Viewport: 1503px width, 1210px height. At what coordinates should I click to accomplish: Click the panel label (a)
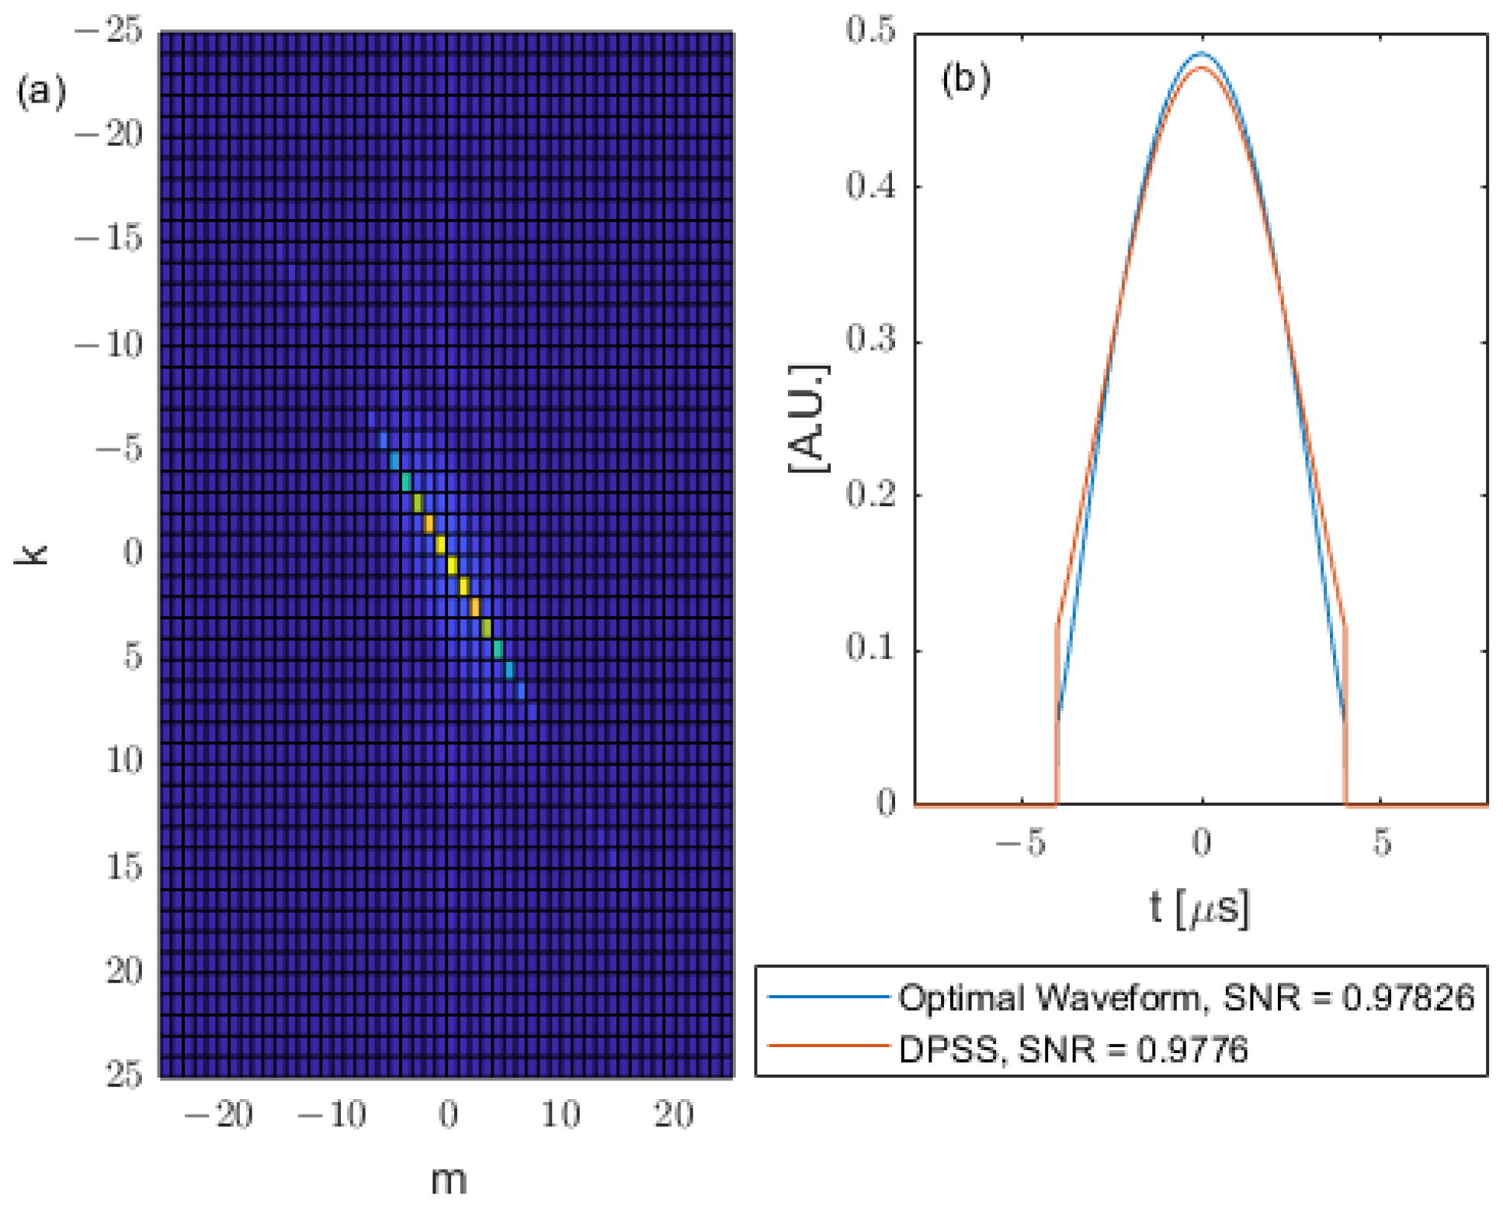click(x=41, y=92)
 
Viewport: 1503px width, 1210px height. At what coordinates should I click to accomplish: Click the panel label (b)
click(x=965, y=79)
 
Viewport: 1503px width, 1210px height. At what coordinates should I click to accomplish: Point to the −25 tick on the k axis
click(x=110, y=32)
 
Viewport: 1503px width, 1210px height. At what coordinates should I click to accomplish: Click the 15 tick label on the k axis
click(x=124, y=866)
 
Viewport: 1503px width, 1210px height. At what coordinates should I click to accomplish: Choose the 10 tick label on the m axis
click(x=561, y=1115)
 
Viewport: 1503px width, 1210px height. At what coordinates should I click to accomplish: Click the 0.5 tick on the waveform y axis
click(x=871, y=31)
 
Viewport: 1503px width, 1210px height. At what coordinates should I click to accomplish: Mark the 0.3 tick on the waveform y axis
click(x=871, y=339)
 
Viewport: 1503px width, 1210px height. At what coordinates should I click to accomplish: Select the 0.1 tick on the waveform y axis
click(x=871, y=647)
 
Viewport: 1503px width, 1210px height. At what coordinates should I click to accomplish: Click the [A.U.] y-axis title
click(x=809, y=418)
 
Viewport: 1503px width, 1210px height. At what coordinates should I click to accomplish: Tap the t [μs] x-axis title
click(x=1200, y=907)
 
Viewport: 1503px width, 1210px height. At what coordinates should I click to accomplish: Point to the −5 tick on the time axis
click(x=1022, y=843)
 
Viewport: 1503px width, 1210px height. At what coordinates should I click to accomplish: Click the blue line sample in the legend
click(x=828, y=996)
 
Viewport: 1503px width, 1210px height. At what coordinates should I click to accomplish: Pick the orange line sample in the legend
click(x=828, y=1046)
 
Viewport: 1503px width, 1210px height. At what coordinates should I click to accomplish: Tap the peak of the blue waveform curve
click(x=1202, y=54)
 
